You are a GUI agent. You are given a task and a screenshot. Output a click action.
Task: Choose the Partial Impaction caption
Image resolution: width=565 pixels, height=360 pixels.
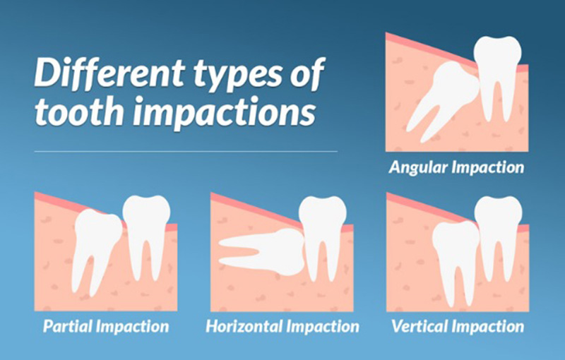[x=106, y=327]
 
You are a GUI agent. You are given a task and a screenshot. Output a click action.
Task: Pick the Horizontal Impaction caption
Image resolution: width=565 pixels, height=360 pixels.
[x=282, y=327]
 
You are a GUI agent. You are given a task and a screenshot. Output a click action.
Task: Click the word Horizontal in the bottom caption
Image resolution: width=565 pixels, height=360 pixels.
[x=247, y=327]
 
